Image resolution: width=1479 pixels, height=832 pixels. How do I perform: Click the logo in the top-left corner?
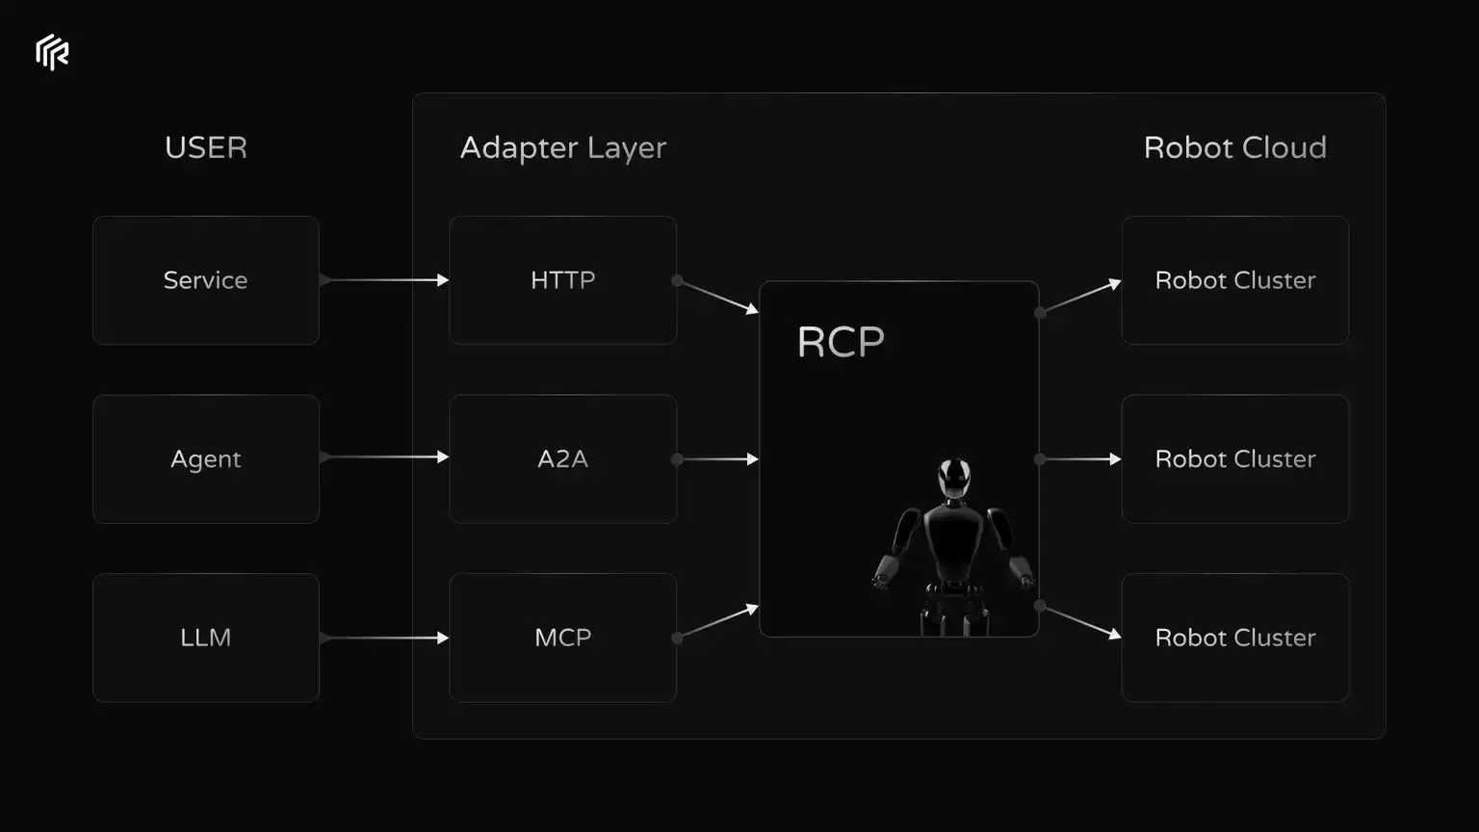tap(52, 52)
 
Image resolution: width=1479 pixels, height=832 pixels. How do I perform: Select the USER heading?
tap(206, 147)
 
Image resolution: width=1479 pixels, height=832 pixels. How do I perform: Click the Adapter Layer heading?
tap(563, 147)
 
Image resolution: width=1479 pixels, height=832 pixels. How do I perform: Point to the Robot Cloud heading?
tap(1234, 147)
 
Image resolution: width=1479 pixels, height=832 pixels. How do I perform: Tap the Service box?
tap(206, 280)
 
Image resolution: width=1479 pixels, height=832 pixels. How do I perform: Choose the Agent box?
tap(206, 459)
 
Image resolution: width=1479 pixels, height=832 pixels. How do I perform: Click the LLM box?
tap(206, 637)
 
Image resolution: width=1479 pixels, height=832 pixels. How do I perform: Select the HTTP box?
tap(563, 280)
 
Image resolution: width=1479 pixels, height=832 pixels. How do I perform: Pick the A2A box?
tap(563, 459)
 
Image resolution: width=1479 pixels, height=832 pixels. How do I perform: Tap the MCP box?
tap(563, 637)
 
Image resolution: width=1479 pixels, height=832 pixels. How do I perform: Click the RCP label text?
tap(841, 342)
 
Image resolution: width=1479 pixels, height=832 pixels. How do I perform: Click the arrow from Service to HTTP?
tap(384, 280)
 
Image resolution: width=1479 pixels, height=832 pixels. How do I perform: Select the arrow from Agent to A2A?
tap(384, 457)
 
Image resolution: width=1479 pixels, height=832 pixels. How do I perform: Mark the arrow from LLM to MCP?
tap(384, 637)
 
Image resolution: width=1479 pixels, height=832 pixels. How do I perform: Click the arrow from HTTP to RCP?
tap(717, 296)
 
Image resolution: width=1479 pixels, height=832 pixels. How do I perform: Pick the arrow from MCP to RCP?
tap(717, 622)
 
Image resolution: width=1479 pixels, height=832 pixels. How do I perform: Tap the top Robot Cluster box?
tap(1234, 280)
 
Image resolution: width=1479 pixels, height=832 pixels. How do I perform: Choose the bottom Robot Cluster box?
tap(1234, 637)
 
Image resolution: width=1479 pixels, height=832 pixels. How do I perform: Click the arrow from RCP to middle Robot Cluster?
tap(1080, 459)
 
